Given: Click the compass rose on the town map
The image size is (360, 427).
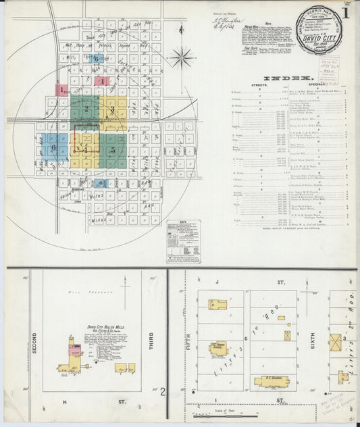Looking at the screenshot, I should tap(181, 57).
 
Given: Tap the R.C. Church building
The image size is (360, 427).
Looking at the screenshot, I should tap(273, 381).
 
